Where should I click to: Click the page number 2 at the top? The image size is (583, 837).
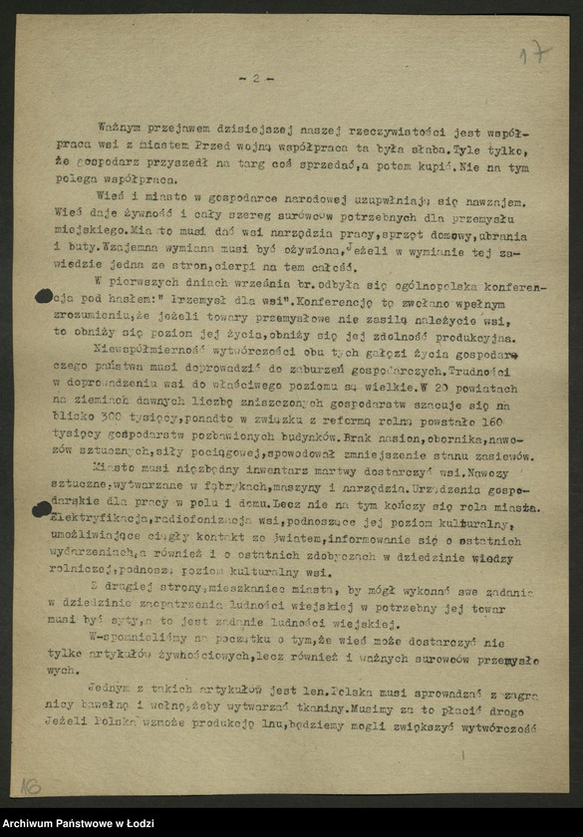255,78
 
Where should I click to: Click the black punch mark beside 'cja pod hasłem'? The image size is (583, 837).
43,296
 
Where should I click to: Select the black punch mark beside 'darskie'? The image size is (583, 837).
42,509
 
